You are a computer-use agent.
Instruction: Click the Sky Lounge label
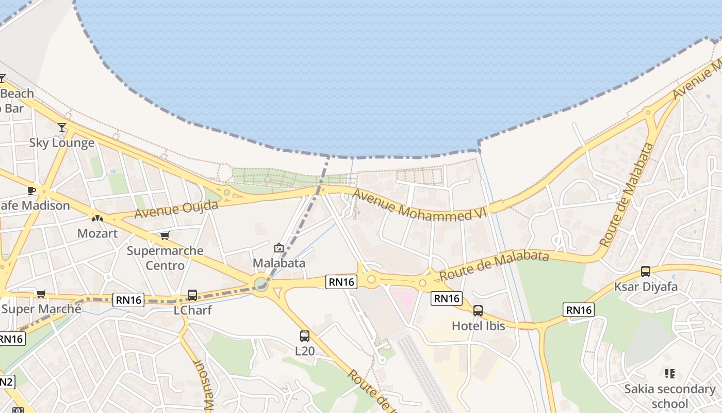click(61, 142)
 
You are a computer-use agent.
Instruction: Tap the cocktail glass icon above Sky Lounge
click(62, 127)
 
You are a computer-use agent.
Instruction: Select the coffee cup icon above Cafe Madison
click(31, 190)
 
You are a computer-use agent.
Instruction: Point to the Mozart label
click(97, 233)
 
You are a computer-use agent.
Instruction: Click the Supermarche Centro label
click(165, 258)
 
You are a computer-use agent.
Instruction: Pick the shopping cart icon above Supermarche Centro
click(165, 236)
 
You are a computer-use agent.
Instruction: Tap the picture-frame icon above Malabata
click(279, 248)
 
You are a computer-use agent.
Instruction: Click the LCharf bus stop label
click(192, 311)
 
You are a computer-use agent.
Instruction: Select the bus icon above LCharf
click(192, 295)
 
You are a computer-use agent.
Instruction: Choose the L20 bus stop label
click(304, 351)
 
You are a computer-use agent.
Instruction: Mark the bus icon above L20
click(305, 336)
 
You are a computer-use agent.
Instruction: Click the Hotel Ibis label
click(478, 326)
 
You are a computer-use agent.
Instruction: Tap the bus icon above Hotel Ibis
click(478, 311)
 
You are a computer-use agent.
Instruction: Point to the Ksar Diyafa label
click(645, 287)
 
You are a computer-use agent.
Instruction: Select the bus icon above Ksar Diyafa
click(645, 272)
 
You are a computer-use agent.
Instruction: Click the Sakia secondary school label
click(669, 396)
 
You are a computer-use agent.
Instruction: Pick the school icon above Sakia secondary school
click(670, 373)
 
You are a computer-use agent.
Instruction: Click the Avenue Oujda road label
click(176, 209)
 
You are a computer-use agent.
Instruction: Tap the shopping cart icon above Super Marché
click(41, 294)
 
